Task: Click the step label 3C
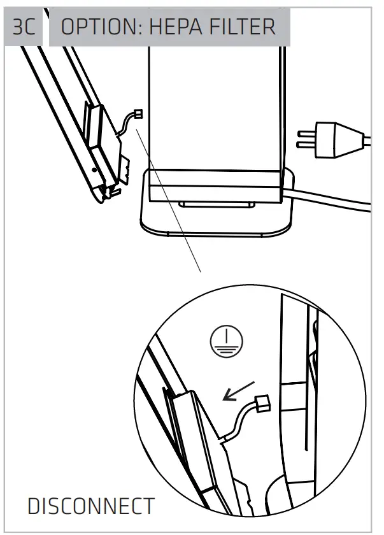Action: [x=25, y=27]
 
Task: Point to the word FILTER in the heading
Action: [x=245, y=27]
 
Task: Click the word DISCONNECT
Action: [x=90, y=506]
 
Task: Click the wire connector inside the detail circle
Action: [x=262, y=403]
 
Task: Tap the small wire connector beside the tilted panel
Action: [x=136, y=115]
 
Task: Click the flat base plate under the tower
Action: [x=210, y=223]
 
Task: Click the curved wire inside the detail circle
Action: [x=239, y=424]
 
